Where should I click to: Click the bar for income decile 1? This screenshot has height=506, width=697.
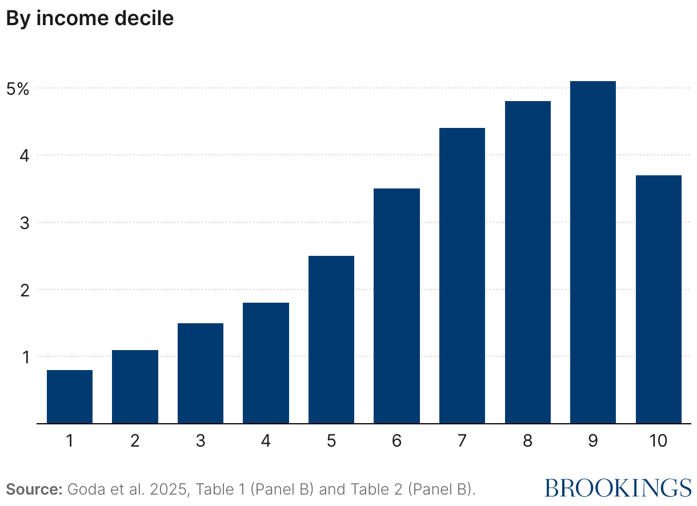(x=70, y=397)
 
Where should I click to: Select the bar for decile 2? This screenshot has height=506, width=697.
(x=135, y=387)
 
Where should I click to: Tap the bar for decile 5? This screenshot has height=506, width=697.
(x=331, y=340)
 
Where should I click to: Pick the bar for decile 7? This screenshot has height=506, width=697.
(x=462, y=276)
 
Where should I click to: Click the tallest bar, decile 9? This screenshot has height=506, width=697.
(x=593, y=252)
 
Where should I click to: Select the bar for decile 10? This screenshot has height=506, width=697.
(x=658, y=299)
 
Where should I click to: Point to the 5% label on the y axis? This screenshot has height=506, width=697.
(x=18, y=89)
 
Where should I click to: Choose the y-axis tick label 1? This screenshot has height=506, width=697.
(x=25, y=357)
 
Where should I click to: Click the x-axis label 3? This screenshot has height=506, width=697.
(x=201, y=441)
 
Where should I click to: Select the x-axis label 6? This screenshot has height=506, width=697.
(x=396, y=441)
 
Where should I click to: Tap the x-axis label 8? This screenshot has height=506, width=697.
(x=527, y=441)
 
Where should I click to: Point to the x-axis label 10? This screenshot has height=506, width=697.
(x=658, y=441)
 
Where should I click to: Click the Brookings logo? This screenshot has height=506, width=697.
(x=618, y=488)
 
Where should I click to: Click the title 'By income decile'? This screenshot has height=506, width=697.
(x=90, y=18)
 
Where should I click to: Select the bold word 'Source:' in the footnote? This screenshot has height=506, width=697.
(x=34, y=489)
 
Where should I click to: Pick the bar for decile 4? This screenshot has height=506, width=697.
(x=266, y=363)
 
